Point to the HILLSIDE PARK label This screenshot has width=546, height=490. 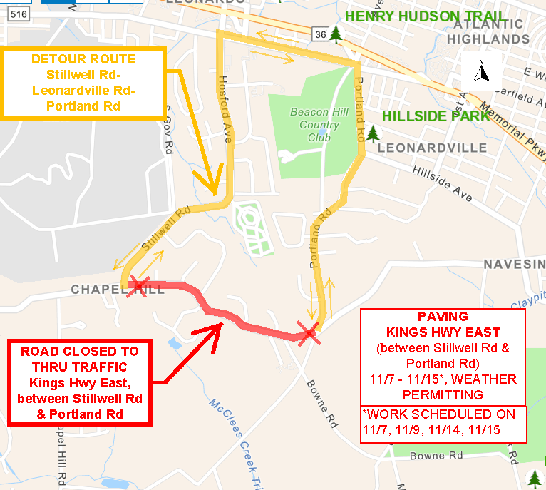tap(436, 116)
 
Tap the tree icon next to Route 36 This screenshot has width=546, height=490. tap(336, 34)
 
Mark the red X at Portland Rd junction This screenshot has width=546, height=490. tap(308, 332)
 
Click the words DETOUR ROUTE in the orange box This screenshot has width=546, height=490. tap(83, 58)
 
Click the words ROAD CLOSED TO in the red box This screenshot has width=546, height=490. tap(80, 352)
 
